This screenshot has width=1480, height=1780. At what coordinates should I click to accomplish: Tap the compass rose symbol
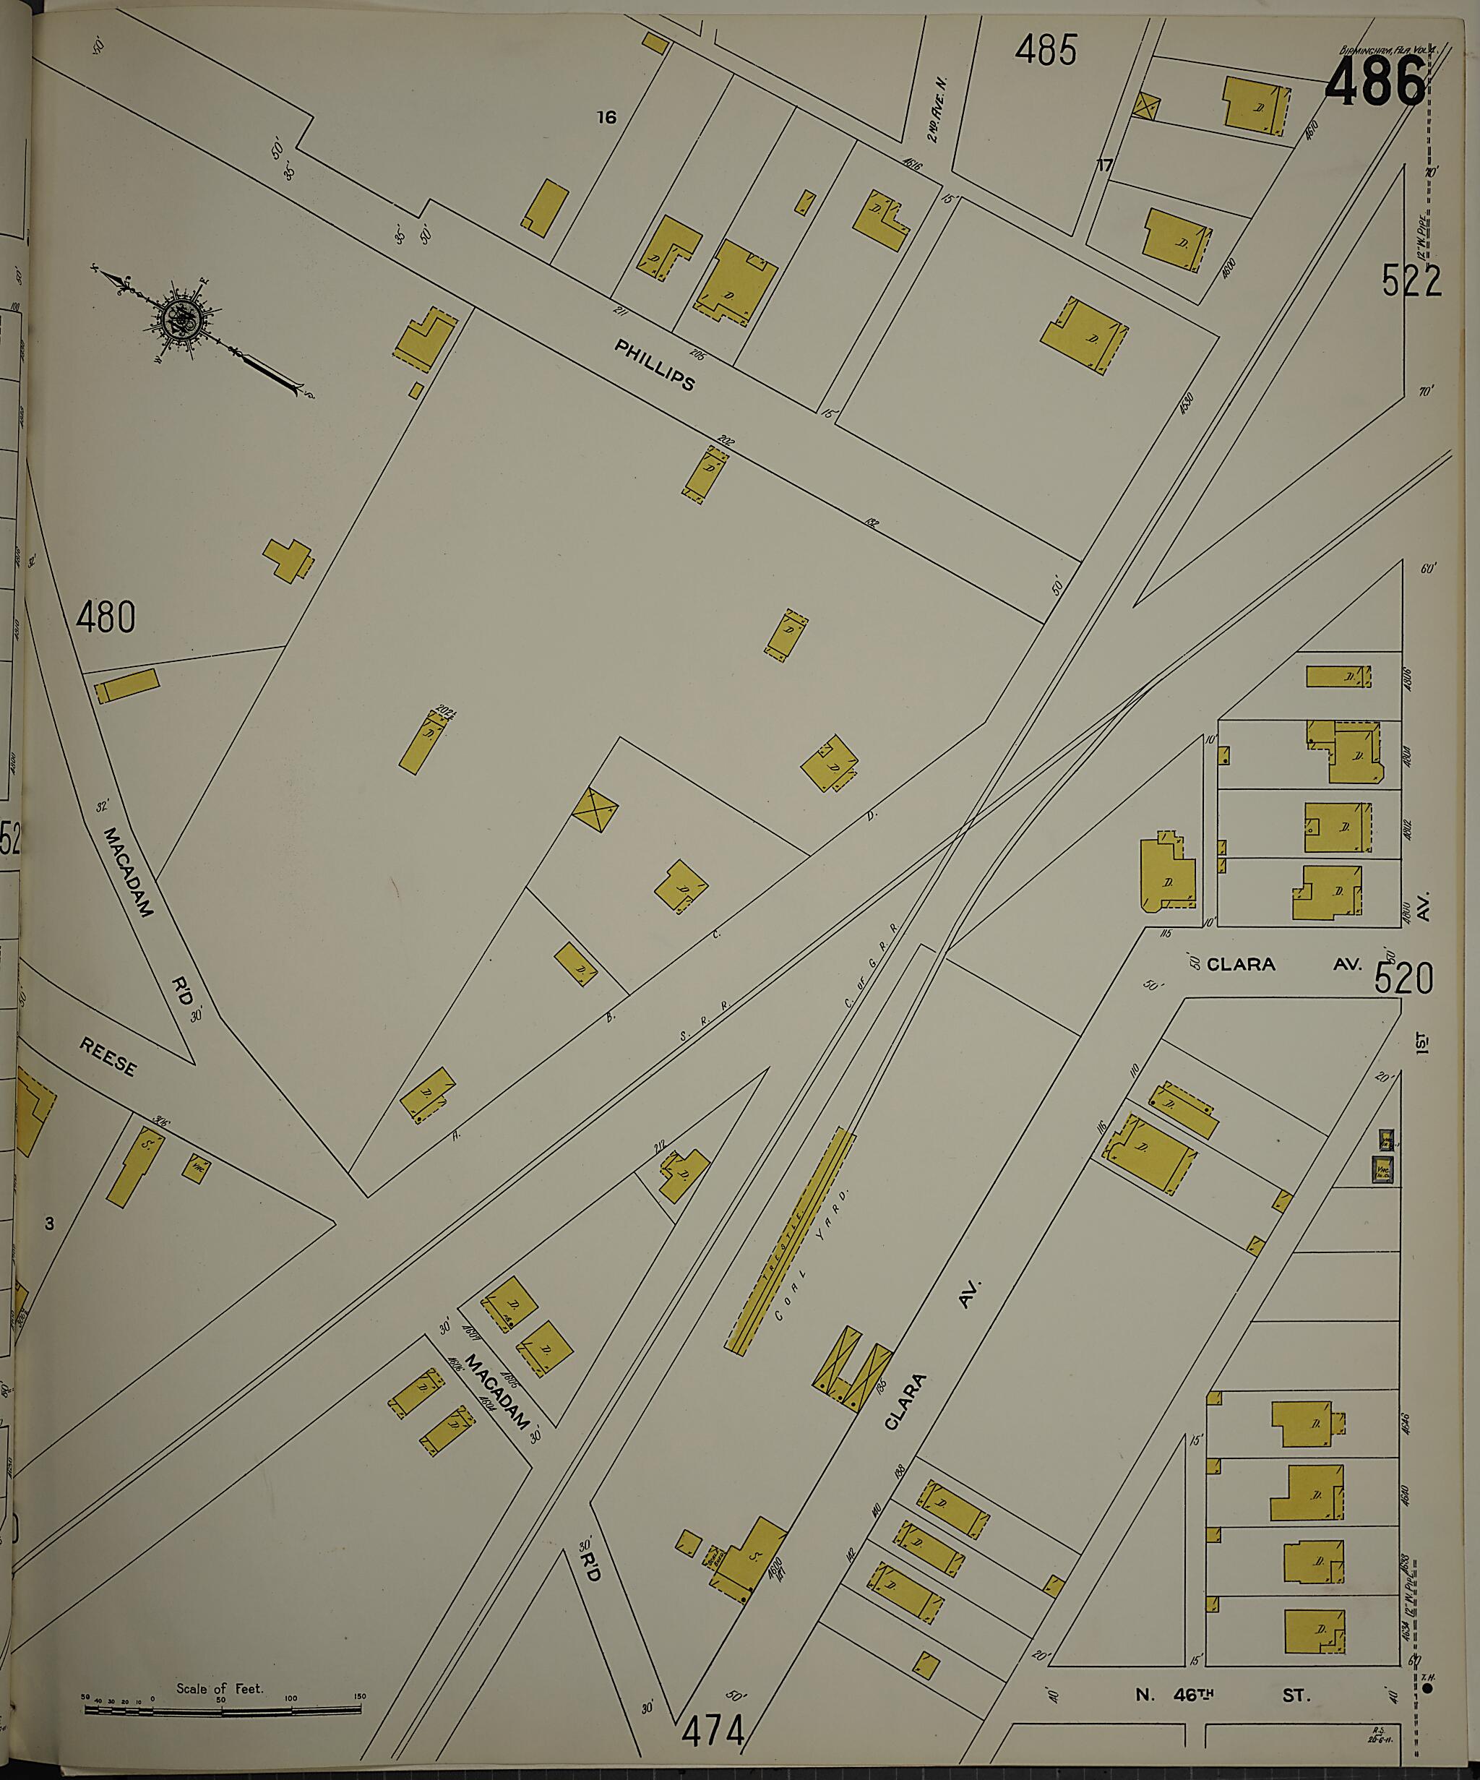181,319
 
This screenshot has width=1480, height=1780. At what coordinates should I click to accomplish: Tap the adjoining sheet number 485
1046,51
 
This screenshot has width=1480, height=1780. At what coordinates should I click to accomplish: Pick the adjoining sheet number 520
1403,980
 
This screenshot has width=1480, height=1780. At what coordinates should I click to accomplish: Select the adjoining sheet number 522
1411,281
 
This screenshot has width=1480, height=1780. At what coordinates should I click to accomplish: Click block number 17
1103,165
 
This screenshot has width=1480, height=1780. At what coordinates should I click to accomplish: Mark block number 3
50,1223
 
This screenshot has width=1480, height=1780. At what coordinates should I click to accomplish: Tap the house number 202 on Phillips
725,440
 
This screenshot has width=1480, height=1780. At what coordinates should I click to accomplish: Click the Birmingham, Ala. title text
1387,50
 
